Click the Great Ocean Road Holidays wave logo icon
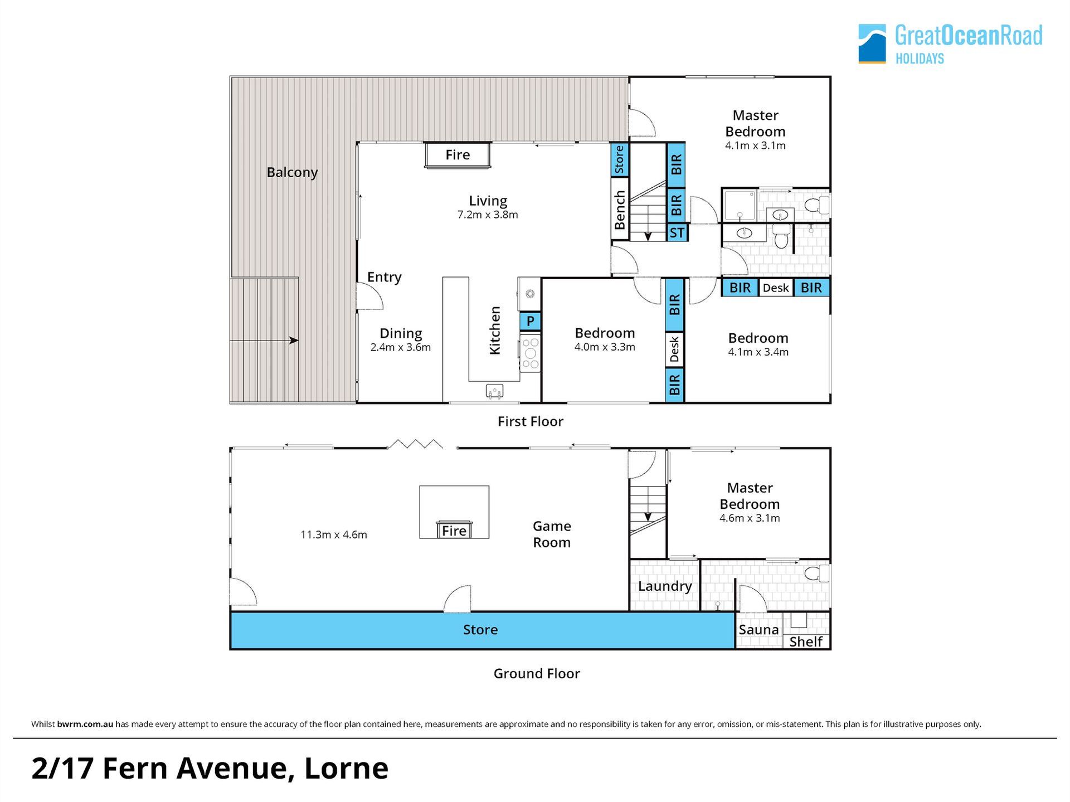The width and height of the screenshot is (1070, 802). (872, 43)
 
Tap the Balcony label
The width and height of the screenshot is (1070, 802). (292, 172)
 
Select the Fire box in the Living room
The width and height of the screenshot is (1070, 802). (458, 155)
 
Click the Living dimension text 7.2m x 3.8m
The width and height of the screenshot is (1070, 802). (488, 215)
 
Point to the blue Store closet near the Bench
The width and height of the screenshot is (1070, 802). (620, 159)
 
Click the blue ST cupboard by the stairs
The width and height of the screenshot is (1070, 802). (677, 232)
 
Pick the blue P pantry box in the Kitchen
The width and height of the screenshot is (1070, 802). (531, 321)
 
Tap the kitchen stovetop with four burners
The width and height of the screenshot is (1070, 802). (531, 352)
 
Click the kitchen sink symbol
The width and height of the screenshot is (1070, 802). (494, 391)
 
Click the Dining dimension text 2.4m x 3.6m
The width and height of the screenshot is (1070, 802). (401, 347)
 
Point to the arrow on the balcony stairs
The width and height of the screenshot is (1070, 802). (264, 340)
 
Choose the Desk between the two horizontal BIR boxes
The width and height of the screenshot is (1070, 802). (776, 288)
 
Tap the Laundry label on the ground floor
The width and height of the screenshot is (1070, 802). (665, 586)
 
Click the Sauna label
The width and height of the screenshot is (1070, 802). (758, 630)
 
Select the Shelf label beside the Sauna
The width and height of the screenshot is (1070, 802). (806, 641)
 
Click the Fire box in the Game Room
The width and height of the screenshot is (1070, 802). (454, 530)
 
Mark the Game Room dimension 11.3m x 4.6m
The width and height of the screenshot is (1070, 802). (334, 534)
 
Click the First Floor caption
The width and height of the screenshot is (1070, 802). (531, 421)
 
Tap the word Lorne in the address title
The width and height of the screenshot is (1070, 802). (346, 768)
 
